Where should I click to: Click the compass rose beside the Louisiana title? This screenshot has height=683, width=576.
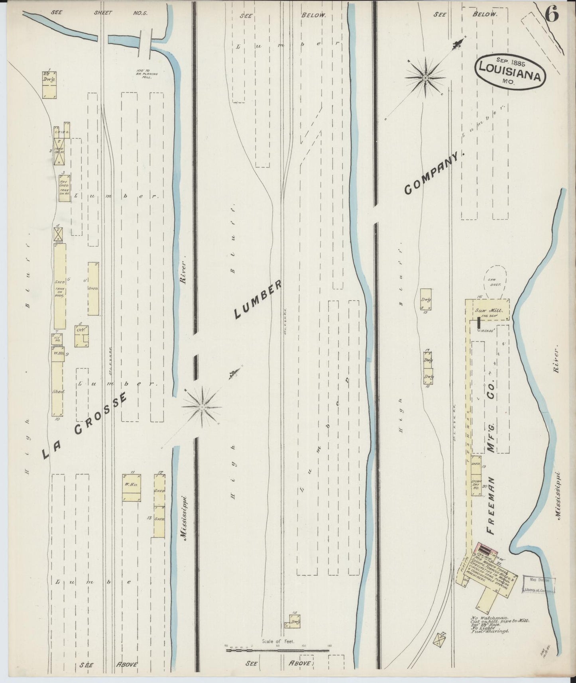coord(426,77)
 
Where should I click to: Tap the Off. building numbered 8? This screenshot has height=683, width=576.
coord(82,336)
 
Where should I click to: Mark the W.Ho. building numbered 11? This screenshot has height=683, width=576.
coord(131,488)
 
